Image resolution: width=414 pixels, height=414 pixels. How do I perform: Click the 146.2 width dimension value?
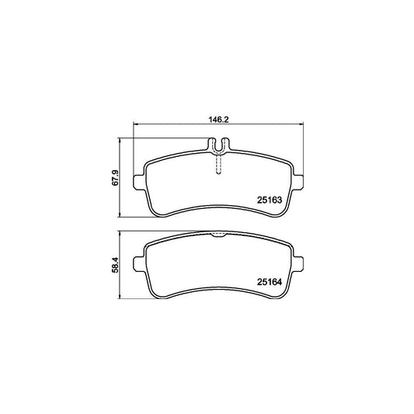pyautogui.click(x=218, y=120)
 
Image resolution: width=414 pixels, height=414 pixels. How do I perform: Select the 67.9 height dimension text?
pyautogui.click(x=115, y=178)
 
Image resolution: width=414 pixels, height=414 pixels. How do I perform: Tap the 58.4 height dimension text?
pyautogui.click(x=115, y=265)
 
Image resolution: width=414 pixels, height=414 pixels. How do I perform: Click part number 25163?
pyautogui.click(x=270, y=200)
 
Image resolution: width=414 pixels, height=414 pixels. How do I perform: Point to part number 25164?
pyautogui.click(x=270, y=282)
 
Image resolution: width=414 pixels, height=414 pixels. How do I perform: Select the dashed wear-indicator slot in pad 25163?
pyautogui.click(x=218, y=164)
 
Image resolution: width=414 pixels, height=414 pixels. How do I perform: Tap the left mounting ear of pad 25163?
pyautogui.click(x=138, y=183)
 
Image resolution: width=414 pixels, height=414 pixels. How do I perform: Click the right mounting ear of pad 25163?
pyautogui.click(x=297, y=183)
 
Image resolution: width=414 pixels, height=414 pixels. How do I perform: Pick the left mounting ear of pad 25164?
pyautogui.click(x=138, y=263)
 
